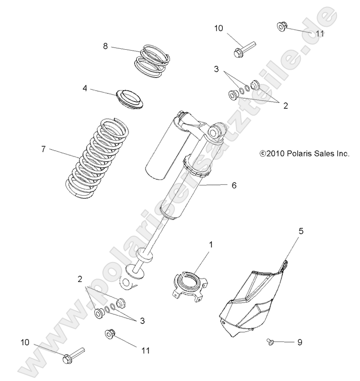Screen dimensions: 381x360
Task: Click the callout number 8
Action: (105, 46)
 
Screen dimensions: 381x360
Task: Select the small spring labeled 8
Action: (153, 60)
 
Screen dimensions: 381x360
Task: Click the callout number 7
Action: (43, 149)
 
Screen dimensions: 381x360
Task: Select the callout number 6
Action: (233, 185)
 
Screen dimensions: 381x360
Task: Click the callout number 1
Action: (211, 242)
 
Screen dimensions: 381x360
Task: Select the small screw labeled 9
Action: (270, 342)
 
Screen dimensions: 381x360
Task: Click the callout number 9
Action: (299, 342)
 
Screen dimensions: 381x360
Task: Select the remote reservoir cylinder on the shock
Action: (166, 146)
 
